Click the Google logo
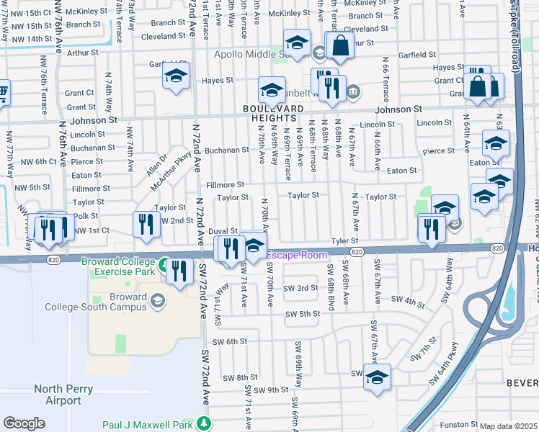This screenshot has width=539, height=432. (x=24, y=423)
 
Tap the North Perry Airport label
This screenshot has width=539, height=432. (x=58, y=395)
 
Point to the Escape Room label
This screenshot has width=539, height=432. (x=298, y=256)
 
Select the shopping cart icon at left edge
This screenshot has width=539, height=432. (x=3, y=92)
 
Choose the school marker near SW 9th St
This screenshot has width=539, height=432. (x=377, y=377)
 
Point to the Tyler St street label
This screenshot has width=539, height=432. (x=344, y=241)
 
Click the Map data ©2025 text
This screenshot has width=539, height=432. (x=508, y=426)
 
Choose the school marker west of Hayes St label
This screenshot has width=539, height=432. (x=175, y=75)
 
